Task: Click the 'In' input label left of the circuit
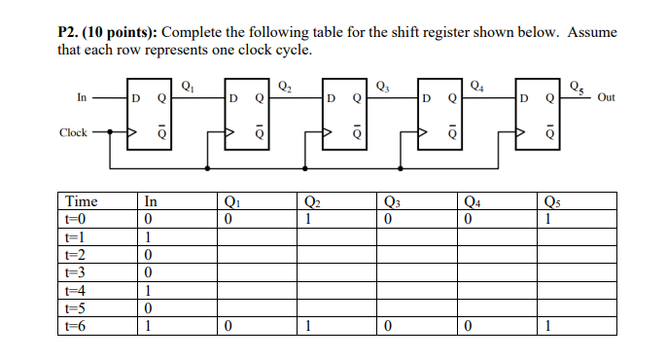click(81, 97)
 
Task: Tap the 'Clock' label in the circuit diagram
click(73, 132)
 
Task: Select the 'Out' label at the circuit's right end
click(607, 97)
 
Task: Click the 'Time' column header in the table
click(81, 201)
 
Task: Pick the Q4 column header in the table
click(474, 201)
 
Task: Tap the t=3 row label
click(76, 271)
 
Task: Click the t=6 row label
click(76, 326)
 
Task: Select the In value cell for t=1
click(148, 236)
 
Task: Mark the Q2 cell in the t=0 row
click(308, 219)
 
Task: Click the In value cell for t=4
click(148, 290)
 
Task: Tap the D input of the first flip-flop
click(136, 98)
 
